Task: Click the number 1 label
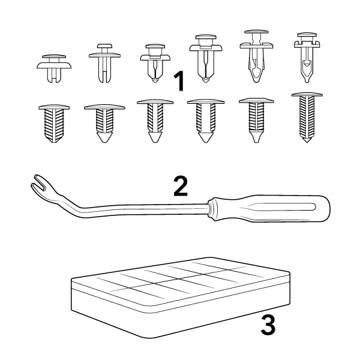click(x=179, y=81)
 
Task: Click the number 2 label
click(x=181, y=186)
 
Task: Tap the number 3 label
click(x=268, y=325)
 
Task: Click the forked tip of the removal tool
click(x=38, y=183)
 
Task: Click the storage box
click(x=181, y=298)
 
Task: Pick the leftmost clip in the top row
click(x=54, y=68)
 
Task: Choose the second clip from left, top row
click(x=104, y=63)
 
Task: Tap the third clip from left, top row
click(x=155, y=64)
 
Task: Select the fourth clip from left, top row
click(x=206, y=59)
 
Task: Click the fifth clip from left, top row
click(x=256, y=56)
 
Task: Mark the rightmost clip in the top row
click(x=307, y=58)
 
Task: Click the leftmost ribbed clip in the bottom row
click(x=54, y=124)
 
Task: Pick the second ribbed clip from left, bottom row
click(x=104, y=124)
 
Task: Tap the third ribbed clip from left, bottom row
click(x=155, y=121)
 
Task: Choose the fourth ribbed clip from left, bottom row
click(x=206, y=121)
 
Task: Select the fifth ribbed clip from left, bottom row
click(x=256, y=121)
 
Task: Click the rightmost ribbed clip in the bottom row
click(x=307, y=118)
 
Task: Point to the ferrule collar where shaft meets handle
click(x=212, y=209)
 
